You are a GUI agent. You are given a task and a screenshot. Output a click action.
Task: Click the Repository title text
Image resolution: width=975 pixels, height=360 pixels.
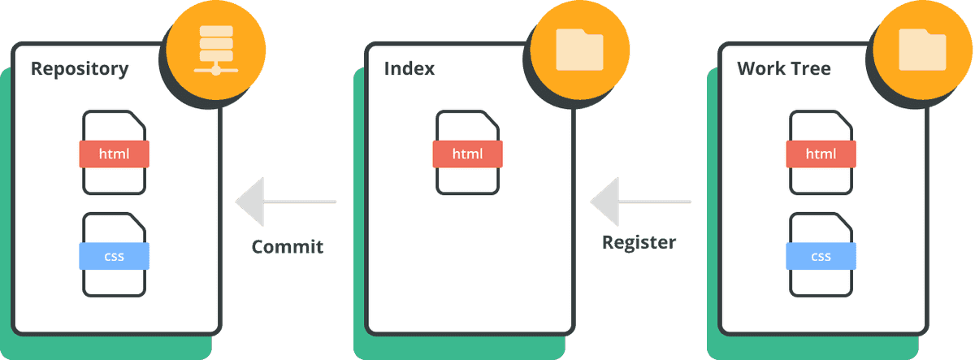80,69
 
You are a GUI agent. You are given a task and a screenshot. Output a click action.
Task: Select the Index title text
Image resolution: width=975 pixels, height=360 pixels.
409,69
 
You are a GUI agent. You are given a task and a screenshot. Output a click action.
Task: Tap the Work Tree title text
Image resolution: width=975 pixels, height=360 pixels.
784,69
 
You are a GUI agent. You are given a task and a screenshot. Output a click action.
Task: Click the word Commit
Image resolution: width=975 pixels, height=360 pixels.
288,247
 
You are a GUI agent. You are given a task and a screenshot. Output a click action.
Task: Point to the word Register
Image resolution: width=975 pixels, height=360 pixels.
639,242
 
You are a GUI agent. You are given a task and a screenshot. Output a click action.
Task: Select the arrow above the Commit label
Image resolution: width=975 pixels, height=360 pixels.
286,202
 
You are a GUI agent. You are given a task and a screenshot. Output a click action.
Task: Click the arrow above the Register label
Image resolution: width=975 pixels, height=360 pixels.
641,202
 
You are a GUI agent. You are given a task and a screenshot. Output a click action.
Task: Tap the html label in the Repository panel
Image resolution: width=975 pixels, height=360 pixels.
114,154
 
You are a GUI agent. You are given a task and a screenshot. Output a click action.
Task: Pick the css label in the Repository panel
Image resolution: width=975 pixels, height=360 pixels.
114,256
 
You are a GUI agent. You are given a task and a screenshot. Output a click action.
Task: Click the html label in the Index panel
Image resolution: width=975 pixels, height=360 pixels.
467,154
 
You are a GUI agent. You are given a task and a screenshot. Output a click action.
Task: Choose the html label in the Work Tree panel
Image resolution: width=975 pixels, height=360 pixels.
821,154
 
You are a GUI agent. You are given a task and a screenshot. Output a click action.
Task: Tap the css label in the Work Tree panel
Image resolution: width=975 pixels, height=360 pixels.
821,256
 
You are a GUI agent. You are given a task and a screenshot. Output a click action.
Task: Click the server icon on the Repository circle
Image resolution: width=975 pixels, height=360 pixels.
216,50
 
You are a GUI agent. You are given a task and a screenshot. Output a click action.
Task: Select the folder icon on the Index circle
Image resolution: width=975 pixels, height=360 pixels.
579,50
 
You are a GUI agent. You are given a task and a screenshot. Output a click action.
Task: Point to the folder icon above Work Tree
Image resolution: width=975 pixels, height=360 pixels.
922,50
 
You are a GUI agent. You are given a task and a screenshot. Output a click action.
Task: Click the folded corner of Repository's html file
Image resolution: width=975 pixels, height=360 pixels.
136,119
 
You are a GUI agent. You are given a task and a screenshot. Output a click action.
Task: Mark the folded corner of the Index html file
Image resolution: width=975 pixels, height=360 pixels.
490,119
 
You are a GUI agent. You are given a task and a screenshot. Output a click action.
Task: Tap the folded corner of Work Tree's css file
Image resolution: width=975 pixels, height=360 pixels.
843,222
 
